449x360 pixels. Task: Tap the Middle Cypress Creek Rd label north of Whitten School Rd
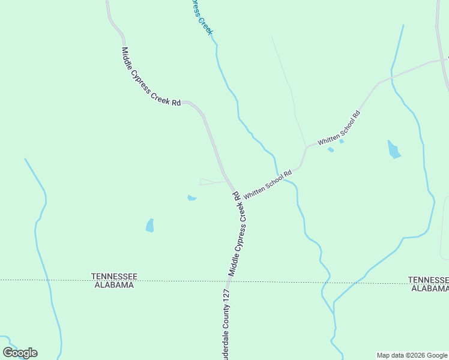[151, 77]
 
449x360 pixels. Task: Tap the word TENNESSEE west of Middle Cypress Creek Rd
[114, 276]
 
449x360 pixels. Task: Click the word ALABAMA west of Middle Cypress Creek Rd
[114, 285]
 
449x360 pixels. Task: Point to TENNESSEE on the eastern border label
[428, 280]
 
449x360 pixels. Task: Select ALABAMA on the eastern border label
[430, 288]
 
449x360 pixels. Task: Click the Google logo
[20, 352]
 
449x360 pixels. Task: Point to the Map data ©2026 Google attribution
[412, 355]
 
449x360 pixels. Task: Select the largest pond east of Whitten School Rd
[394, 150]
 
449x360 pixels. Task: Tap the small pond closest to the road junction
[191, 197]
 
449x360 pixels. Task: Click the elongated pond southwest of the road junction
[149, 226]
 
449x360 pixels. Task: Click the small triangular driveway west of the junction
[210, 182]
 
